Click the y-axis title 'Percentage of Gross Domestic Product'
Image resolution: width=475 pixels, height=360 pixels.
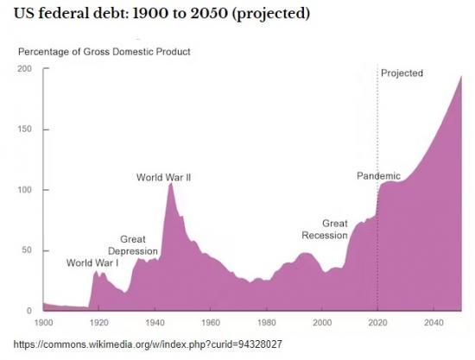[104, 52]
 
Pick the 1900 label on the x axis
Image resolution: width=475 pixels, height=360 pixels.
[43, 322]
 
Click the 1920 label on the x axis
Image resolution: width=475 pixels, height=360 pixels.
[99, 322]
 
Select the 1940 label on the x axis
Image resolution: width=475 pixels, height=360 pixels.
[155, 322]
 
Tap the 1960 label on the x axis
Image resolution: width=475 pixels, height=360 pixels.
[211, 322]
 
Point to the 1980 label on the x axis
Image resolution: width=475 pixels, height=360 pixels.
[267, 322]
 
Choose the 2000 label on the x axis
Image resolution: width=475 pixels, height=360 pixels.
[322, 322]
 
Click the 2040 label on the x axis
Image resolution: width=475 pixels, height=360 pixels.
[434, 322]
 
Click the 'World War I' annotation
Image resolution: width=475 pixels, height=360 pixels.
[92, 263]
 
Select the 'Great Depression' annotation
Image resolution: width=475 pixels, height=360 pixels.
[132, 245]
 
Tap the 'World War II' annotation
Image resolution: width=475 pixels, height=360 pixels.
[163, 178]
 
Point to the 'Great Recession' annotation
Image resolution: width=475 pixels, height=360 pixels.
[323, 229]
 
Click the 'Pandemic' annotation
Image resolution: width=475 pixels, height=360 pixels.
[378, 176]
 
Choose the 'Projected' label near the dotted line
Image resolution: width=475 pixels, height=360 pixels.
[402, 73]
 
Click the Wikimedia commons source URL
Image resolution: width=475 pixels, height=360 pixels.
[142, 344]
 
